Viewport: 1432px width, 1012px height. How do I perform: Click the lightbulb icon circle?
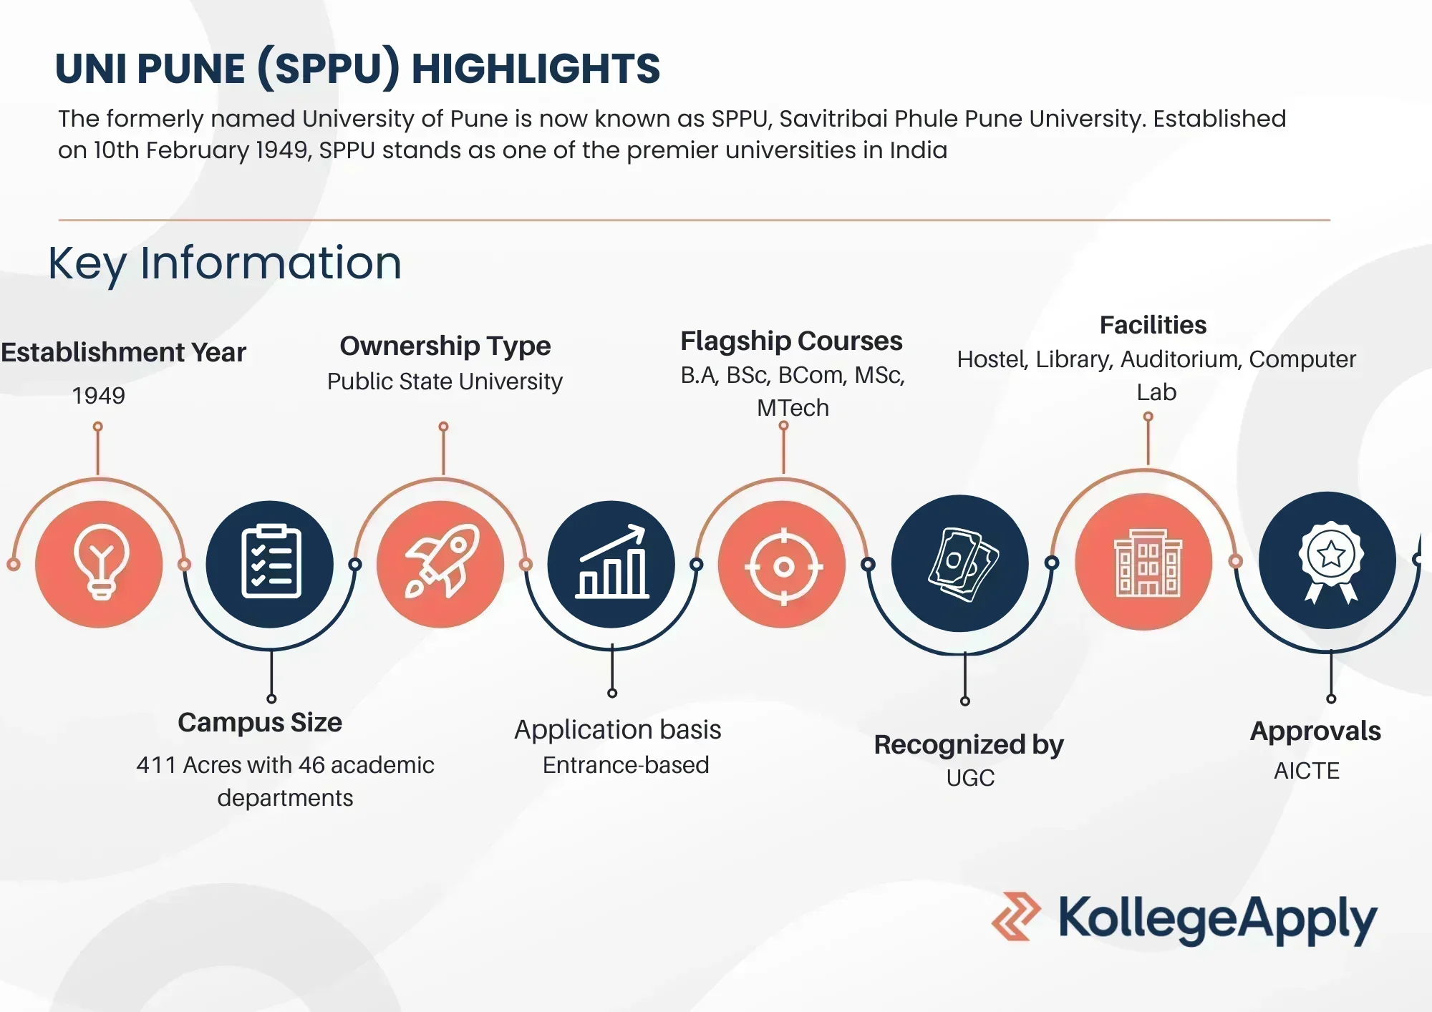click(100, 564)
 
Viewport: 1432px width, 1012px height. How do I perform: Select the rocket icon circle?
click(441, 564)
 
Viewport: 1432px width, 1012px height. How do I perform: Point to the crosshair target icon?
click(783, 565)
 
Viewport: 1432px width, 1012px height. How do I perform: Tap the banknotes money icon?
click(961, 563)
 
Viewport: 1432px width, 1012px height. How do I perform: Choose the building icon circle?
click(1146, 563)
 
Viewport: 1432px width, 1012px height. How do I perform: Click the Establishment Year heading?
click(123, 352)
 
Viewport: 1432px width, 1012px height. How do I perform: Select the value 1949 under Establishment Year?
click(99, 395)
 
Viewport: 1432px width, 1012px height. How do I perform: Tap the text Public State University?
click(445, 381)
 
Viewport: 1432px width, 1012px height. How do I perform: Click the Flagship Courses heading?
click(791, 341)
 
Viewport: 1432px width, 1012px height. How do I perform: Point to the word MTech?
click(793, 408)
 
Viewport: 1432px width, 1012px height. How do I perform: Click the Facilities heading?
click(1153, 325)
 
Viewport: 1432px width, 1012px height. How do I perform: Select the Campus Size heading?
click(260, 722)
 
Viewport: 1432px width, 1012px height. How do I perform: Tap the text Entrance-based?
click(626, 765)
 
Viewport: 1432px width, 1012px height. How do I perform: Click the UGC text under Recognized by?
click(970, 778)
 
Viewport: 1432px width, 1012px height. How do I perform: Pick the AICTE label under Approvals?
click(1307, 771)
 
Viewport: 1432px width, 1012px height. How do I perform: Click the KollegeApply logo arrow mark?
click(1015, 916)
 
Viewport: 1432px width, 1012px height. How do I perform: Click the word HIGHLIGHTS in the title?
click(536, 69)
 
